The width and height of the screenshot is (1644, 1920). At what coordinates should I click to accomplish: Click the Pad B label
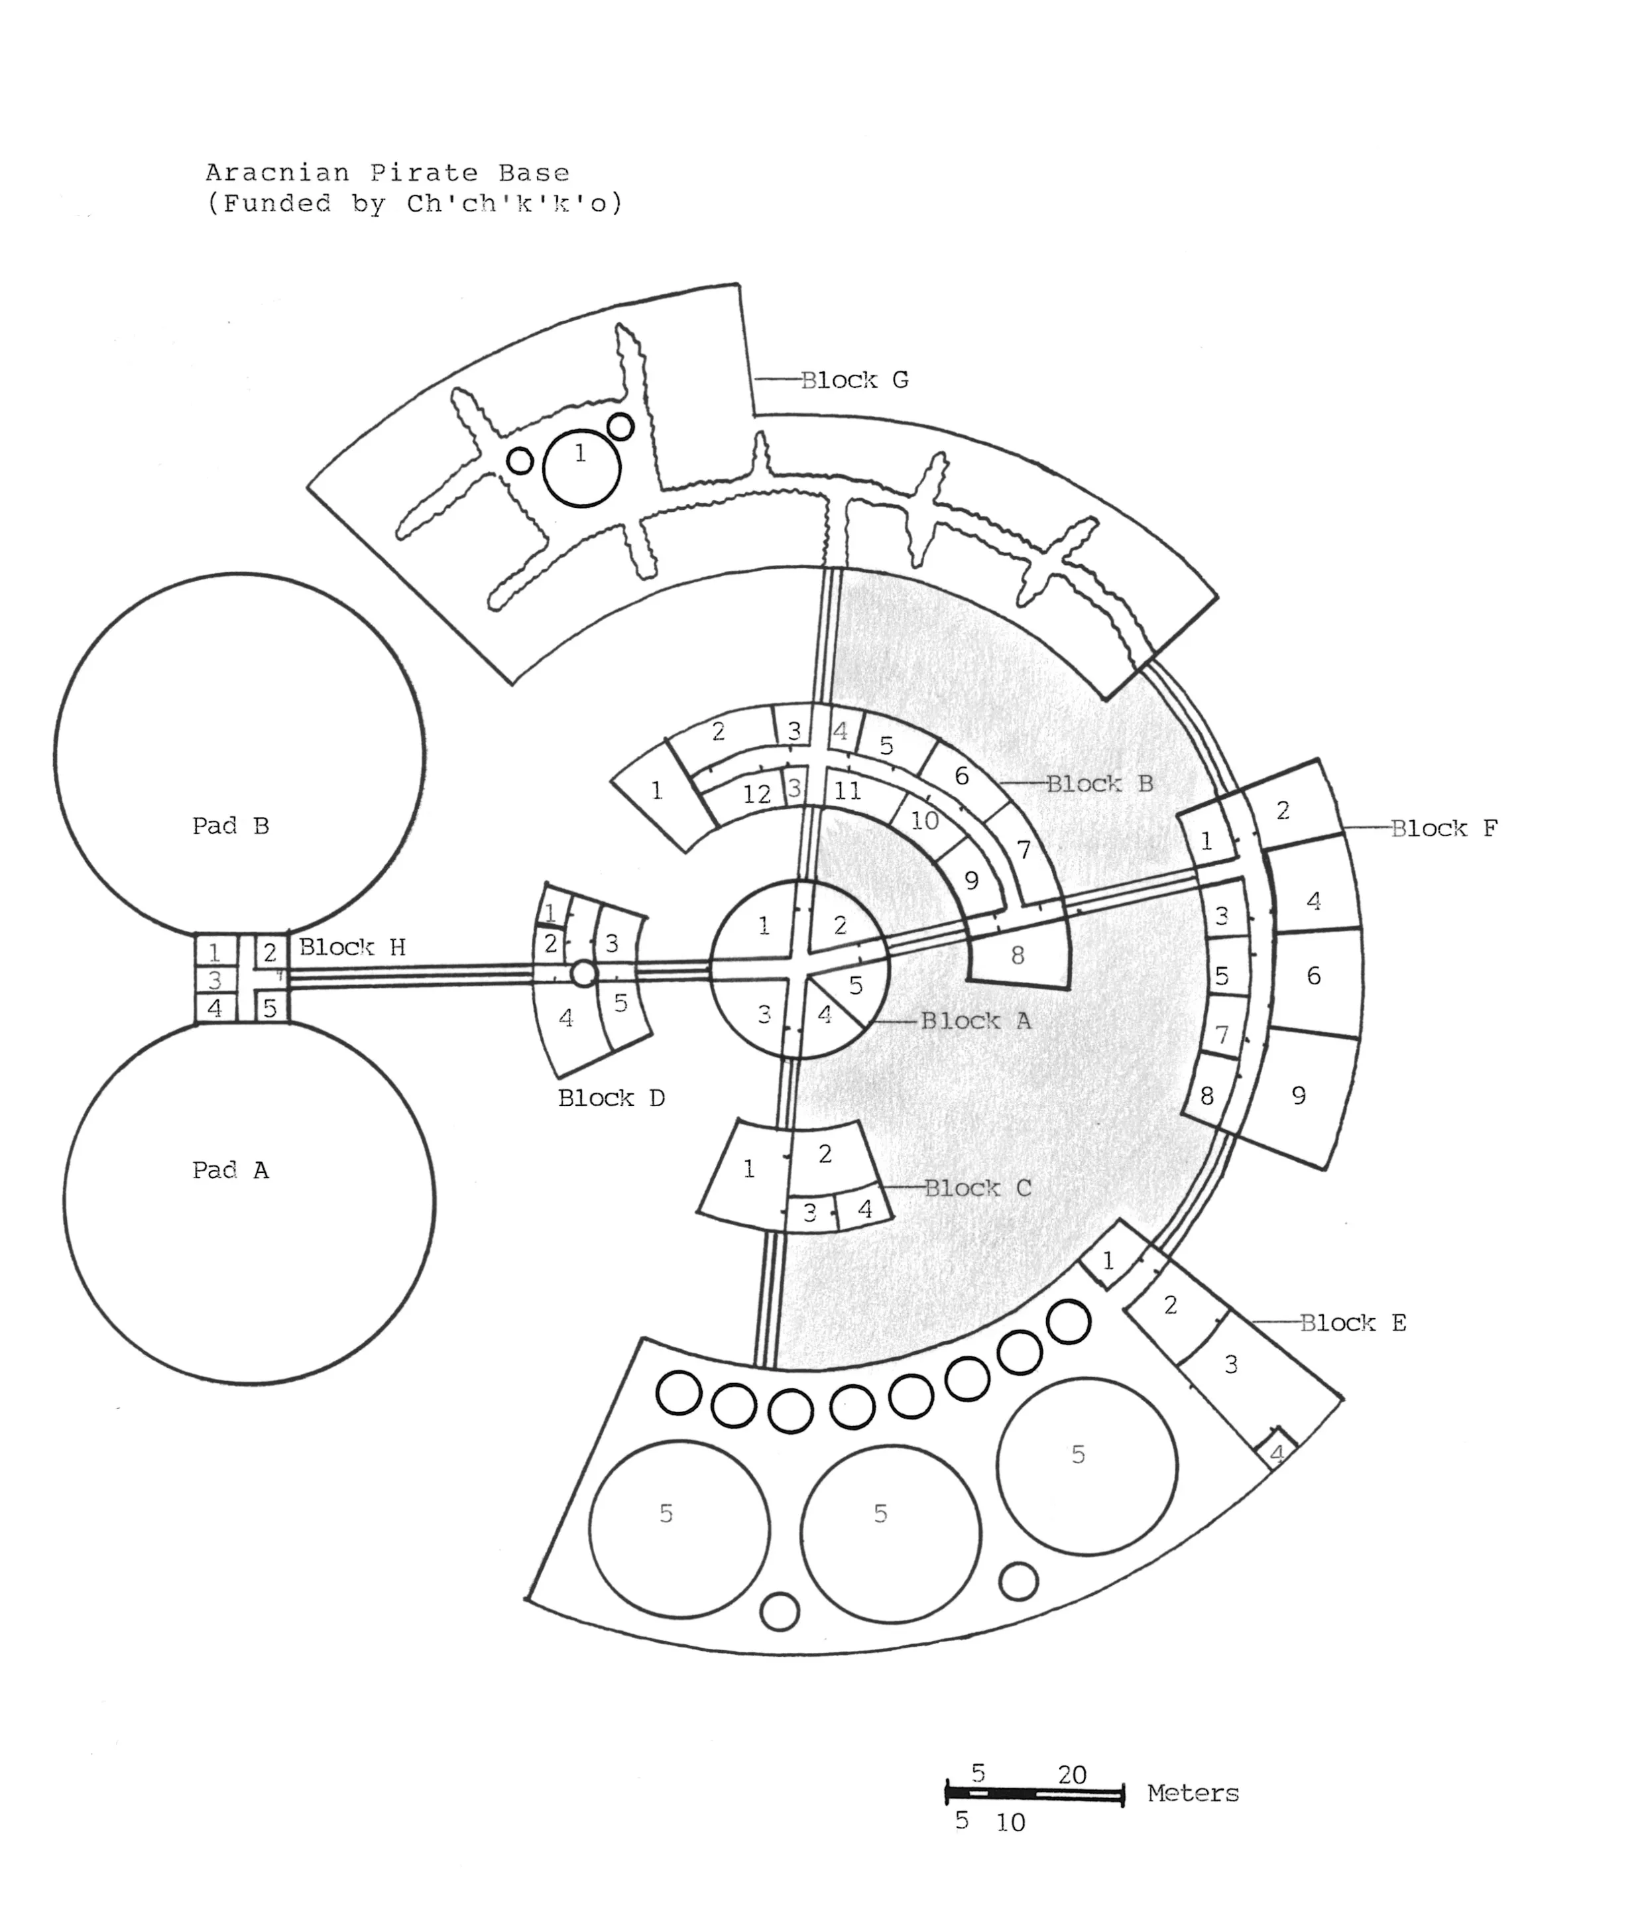[x=230, y=825]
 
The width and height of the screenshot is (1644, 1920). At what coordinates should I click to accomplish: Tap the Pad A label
[x=230, y=1170]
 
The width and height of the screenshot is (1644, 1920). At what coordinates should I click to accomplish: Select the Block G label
[x=854, y=380]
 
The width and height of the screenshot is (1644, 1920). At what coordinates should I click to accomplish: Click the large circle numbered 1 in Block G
[x=581, y=469]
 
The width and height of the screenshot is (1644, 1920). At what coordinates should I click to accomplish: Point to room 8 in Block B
[x=1018, y=956]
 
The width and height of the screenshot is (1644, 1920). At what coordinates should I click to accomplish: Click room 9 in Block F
[x=1299, y=1096]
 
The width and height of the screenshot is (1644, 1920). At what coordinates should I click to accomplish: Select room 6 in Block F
[x=1313, y=976]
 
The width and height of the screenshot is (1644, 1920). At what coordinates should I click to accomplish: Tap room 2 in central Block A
[x=841, y=925]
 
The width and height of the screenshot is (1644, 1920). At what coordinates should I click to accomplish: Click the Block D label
[x=611, y=1098]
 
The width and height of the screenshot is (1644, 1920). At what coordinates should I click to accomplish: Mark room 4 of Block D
[x=565, y=1018]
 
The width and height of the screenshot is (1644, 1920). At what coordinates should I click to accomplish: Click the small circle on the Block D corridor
[x=583, y=973]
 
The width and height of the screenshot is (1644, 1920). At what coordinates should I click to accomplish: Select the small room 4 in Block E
[x=1276, y=1453]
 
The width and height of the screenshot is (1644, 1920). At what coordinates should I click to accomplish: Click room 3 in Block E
[x=1231, y=1364]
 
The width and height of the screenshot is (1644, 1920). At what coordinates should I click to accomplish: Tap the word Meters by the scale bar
[x=1192, y=1793]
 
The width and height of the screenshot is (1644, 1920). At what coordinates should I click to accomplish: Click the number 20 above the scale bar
[x=1071, y=1775]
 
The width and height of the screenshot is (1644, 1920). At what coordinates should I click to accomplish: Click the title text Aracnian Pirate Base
[x=386, y=172]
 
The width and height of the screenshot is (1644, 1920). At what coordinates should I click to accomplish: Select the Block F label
[x=1443, y=829]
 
